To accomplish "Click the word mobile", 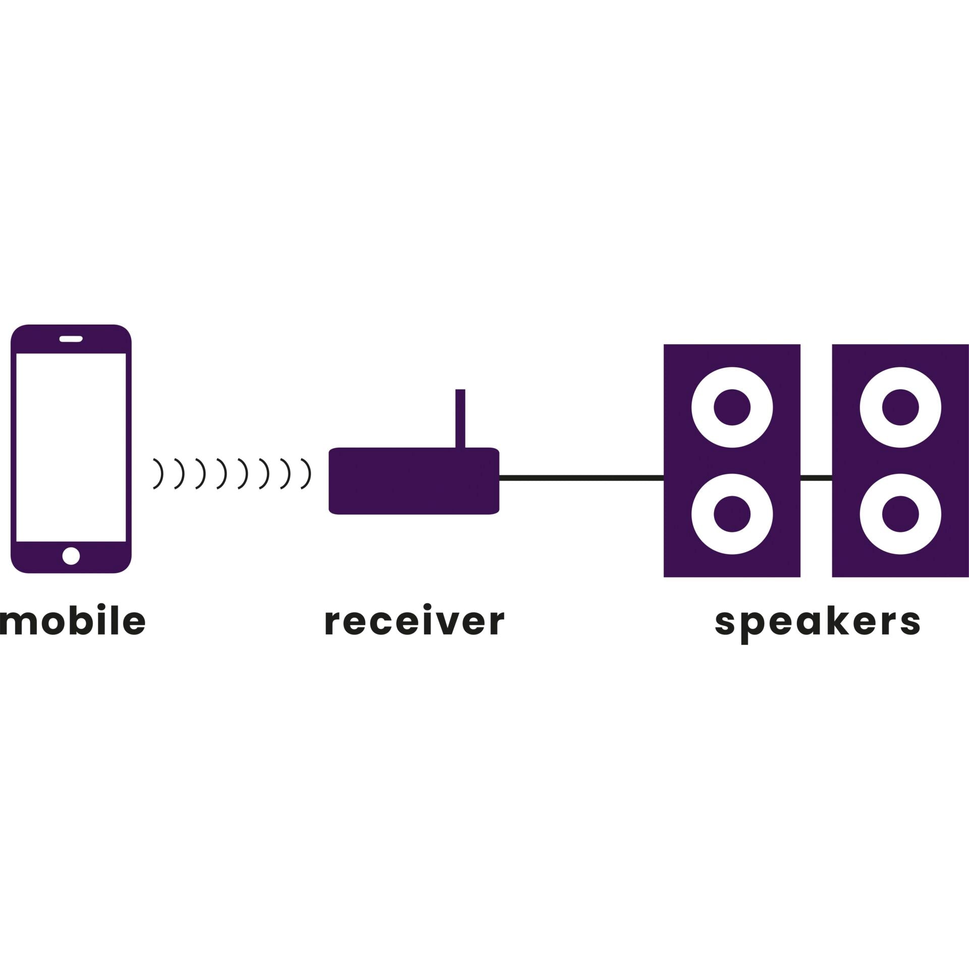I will [x=73, y=620].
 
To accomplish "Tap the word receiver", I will [x=414, y=620].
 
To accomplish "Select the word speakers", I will [x=817, y=622].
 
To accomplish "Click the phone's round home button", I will [x=71, y=556].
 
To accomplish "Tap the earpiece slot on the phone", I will [x=71, y=339].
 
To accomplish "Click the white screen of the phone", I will [x=71, y=447].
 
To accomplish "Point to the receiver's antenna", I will [x=460, y=418].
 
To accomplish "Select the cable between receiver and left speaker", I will [x=581, y=478].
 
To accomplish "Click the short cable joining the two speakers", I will [x=816, y=478].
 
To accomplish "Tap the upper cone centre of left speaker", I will [x=732, y=407].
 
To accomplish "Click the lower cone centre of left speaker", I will [x=732, y=514].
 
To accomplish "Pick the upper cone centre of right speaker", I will [x=900, y=407].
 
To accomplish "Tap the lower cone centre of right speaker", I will [x=900, y=514].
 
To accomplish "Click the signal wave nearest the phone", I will [x=159, y=474].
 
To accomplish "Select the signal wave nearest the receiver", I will [x=306, y=474].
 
